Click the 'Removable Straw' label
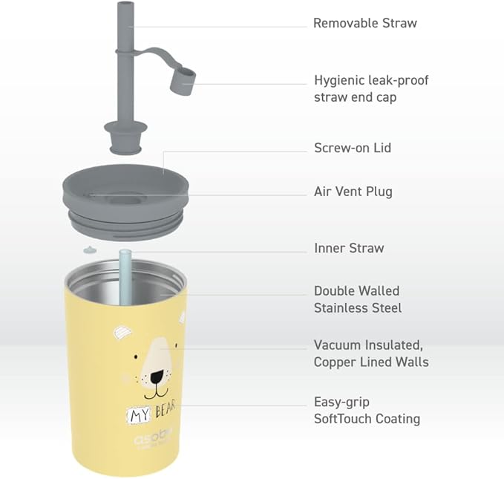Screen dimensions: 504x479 point(364,23)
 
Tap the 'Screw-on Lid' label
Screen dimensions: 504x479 point(353,148)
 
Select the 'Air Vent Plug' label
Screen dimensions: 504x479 point(353,192)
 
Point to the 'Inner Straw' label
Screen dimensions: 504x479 point(349,248)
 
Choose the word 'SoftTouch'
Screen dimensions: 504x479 point(343,419)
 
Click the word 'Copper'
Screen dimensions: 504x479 point(335,362)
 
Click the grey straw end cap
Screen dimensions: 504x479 point(183,80)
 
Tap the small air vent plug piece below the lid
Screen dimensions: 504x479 point(89,250)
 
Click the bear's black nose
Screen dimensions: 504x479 point(157,377)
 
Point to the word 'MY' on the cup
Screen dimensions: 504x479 point(140,416)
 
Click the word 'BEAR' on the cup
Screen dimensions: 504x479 point(166,409)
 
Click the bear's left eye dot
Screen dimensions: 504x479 point(136,357)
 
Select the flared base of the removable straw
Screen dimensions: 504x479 point(125,137)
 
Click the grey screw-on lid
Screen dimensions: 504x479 point(125,202)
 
